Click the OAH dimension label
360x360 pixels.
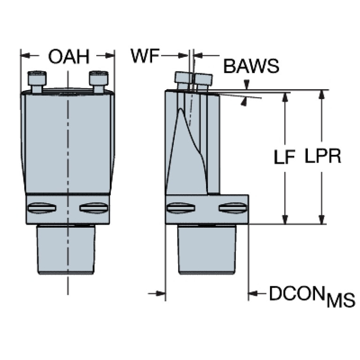click(x=69, y=56)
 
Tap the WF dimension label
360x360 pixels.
click(x=145, y=56)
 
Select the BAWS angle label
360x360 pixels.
click(x=251, y=66)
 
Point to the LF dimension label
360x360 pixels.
click(x=284, y=157)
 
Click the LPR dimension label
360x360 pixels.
click(x=323, y=156)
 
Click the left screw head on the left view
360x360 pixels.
click(x=37, y=78)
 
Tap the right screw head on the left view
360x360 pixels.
click(x=99, y=78)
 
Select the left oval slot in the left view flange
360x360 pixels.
click(x=42, y=208)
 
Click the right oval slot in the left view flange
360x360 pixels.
click(x=94, y=208)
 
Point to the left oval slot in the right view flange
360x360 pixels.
click(x=181, y=208)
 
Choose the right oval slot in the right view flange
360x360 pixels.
click(x=233, y=208)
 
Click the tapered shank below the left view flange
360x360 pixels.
click(x=66, y=250)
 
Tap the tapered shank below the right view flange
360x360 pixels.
click(x=207, y=250)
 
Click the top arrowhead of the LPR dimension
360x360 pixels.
click(x=322, y=94)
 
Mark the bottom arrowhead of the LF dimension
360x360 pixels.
click(x=285, y=220)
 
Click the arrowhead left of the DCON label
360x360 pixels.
click(x=253, y=293)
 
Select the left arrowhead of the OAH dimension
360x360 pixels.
click(x=25, y=55)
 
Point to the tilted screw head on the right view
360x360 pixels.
click(x=193, y=78)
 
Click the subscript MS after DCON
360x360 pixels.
click(x=341, y=300)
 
